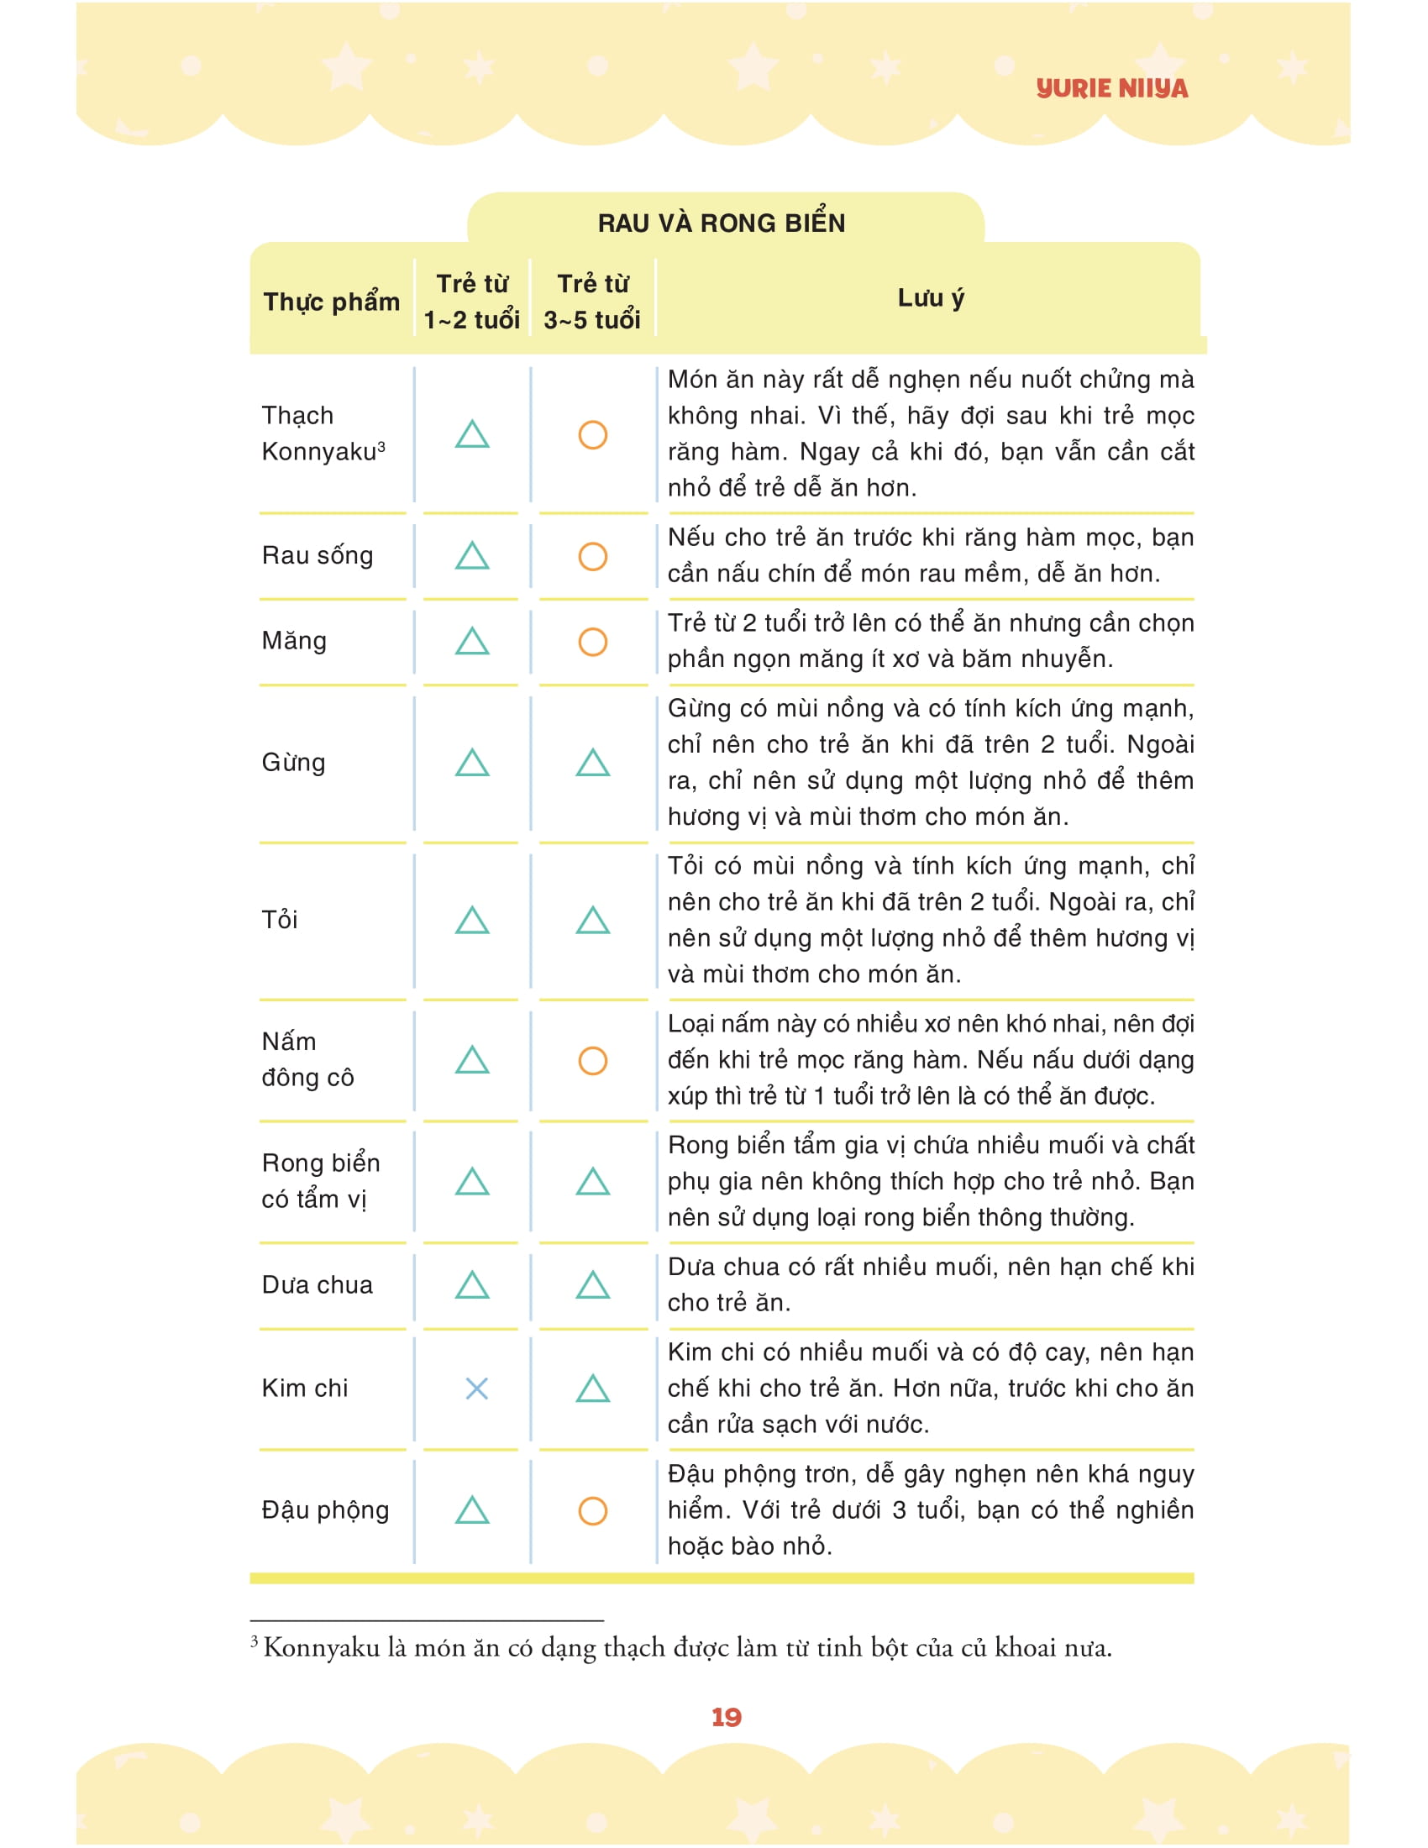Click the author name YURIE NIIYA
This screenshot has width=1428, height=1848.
1111,88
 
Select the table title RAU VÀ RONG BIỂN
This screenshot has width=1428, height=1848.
721,223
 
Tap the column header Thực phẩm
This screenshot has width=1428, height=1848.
331,302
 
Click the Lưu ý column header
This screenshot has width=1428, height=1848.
930,298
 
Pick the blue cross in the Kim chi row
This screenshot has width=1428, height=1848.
476,1389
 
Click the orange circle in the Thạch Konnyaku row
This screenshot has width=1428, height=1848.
592,435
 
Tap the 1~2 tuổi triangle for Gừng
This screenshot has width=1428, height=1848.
472,764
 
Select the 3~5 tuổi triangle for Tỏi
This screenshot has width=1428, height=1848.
592,921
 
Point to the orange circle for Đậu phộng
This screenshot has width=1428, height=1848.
592,1510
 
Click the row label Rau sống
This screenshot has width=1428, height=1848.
318,556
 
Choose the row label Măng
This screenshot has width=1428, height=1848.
293,642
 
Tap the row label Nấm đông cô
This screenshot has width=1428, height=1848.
307,1059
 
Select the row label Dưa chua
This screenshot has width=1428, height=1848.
318,1285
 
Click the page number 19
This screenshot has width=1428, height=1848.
726,1717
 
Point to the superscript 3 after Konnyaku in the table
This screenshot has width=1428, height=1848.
381,446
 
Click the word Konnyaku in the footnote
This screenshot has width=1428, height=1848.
322,1648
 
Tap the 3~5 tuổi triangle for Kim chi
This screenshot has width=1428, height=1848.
592,1389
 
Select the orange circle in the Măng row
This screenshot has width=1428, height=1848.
592,642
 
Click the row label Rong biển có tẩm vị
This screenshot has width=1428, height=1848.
321,1181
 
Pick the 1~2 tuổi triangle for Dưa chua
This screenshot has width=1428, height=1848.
472,1286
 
